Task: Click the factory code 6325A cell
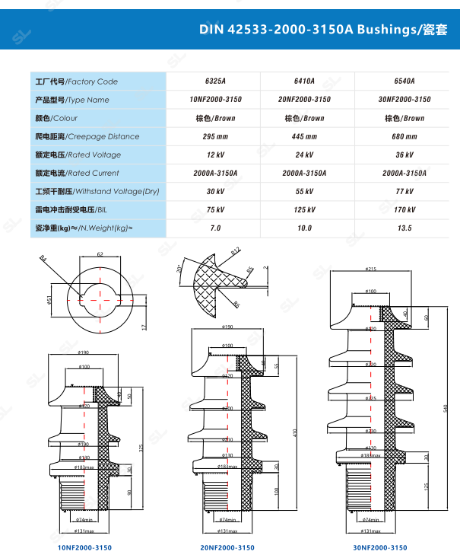(x=215, y=81)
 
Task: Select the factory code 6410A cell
(x=304, y=81)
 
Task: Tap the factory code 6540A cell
(x=404, y=81)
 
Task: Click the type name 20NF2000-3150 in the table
(x=304, y=100)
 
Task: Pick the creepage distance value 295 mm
(x=215, y=136)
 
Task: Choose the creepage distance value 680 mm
(x=404, y=136)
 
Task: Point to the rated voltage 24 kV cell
(x=304, y=155)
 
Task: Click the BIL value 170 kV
(x=404, y=210)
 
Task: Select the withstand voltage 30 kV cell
(x=215, y=192)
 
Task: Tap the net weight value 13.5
(x=404, y=228)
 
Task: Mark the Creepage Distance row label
(x=87, y=136)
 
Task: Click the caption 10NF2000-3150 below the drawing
(x=84, y=547)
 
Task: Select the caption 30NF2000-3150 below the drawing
(x=380, y=547)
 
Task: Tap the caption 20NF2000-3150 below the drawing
(x=227, y=547)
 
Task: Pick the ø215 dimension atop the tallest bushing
(x=371, y=269)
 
